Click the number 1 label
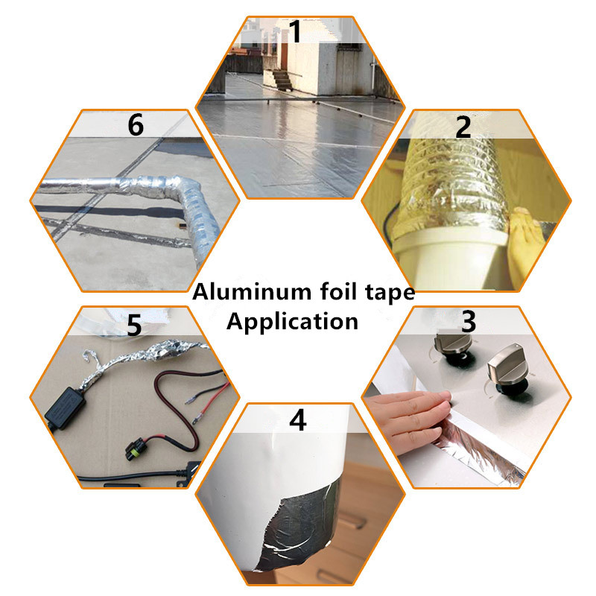tap(296, 31)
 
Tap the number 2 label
tap(463, 127)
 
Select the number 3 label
tap(469, 322)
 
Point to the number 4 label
tap(297, 420)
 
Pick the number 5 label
tap(134, 326)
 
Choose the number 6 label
tap(136, 124)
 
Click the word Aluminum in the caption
tap(252, 292)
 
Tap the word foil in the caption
tap(338, 291)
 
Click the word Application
tap(292, 322)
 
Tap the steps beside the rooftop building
tap(282, 80)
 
